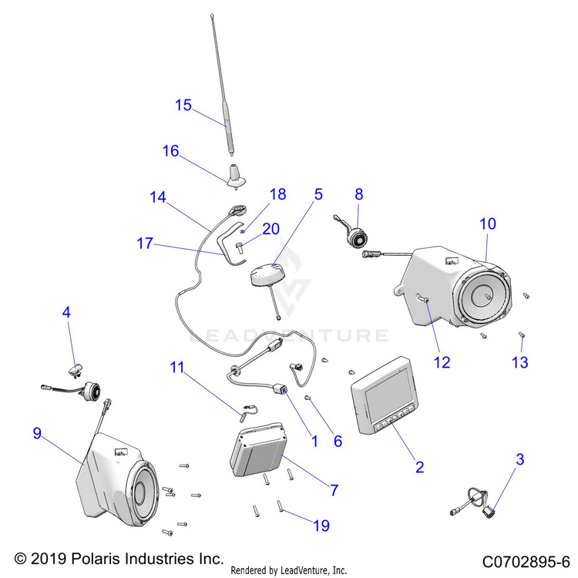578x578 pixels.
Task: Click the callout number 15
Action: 183,105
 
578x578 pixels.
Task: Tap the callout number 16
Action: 170,151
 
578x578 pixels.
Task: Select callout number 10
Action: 488,224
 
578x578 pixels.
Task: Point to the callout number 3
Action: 520,460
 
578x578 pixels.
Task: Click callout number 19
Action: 321,526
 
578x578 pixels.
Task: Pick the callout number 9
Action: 37,434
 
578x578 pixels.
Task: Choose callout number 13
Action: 521,362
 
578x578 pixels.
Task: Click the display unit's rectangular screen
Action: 390,400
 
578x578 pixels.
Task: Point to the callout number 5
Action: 318,194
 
